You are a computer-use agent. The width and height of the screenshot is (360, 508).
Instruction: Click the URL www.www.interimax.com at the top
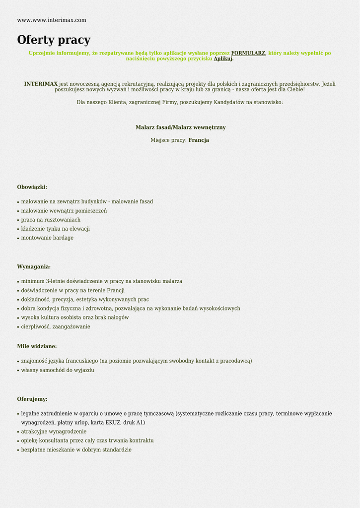click(x=52, y=20)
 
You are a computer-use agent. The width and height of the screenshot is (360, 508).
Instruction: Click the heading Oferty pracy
click(x=54, y=40)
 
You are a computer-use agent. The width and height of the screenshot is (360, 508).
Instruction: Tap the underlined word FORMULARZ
click(x=248, y=53)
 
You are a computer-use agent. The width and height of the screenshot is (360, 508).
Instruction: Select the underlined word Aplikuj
click(x=223, y=59)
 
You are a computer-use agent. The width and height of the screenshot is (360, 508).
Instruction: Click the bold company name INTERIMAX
click(x=41, y=84)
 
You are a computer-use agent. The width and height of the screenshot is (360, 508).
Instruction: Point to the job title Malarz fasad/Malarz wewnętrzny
click(x=180, y=127)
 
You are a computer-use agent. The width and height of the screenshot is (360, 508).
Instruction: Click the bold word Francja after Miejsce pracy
click(x=199, y=140)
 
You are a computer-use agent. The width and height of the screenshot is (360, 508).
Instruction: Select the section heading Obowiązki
click(x=32, y=187)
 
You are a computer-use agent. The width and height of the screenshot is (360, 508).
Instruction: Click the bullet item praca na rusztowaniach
click(x=51, y=220)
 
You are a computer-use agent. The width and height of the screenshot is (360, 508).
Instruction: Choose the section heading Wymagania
click(x=34, y=267)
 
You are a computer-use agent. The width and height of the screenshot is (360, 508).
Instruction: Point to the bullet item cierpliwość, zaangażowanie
click(x=56, y=327)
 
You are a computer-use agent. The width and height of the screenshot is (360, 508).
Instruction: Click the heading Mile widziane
click(x=37, y=346)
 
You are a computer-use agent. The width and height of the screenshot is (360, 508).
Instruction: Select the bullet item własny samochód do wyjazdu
click(x=58, y=370)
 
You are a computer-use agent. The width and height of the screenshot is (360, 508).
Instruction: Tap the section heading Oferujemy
click(x=32, y=399)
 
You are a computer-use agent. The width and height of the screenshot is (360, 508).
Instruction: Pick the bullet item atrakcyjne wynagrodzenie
click(x=54, y=432)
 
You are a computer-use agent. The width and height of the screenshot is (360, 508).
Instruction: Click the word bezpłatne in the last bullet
click(x=33, y=450)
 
